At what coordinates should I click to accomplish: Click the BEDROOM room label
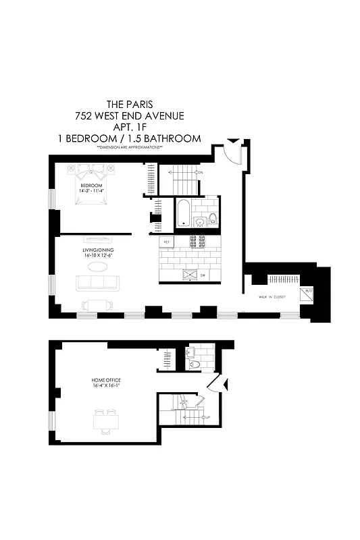pyautogui.click(x=92, y=186)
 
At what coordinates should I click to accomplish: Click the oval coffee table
pyautogui.click(x=99, y=267)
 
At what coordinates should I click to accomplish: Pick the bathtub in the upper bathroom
pyautogui.click(x=183, y=213)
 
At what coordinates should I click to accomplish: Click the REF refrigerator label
pyautogui.click(x=163, y=240)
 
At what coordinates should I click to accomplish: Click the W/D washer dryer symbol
pyautogui.click(x=309, y=292)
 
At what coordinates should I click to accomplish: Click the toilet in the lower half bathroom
pyautogui.click(x=195, y=364)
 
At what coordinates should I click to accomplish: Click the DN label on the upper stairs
pyautogui.click(x=200, y=173)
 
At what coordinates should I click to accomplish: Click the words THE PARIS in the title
pyautogui.click(x=129, y=105)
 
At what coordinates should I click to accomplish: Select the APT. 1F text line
pyautogui.click(x=130, y=127)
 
